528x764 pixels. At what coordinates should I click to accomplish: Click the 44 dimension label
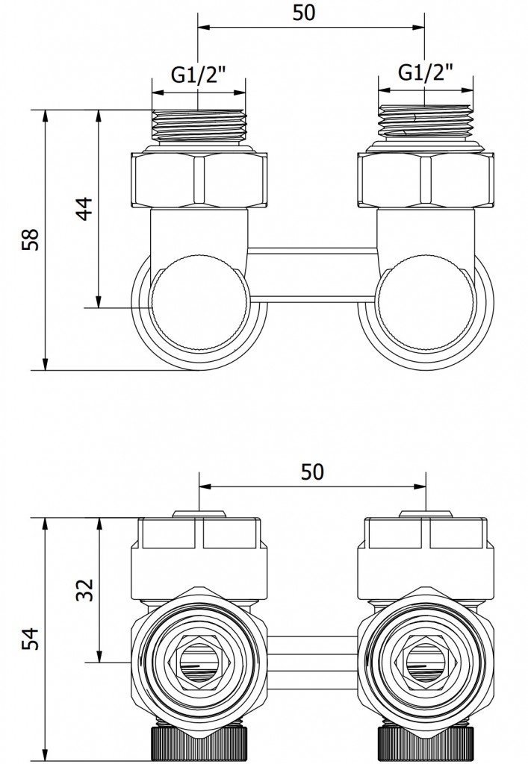84,209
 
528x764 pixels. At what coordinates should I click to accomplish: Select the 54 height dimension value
30,639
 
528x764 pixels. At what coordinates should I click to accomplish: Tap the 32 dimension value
84,589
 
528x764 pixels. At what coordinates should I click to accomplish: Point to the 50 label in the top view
304,13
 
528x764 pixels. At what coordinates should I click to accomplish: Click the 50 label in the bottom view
312,472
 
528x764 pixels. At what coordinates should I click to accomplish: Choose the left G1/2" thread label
199,75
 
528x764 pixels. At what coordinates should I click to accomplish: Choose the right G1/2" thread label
426,72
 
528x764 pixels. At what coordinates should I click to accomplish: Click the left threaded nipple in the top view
199,127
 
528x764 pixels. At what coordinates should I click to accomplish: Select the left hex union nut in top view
199,181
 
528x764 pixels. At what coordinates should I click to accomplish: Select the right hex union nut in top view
426,181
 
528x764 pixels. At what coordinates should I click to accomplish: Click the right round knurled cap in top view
426,303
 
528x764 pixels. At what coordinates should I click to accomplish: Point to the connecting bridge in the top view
312,273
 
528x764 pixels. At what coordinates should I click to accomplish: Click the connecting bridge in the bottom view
312,660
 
